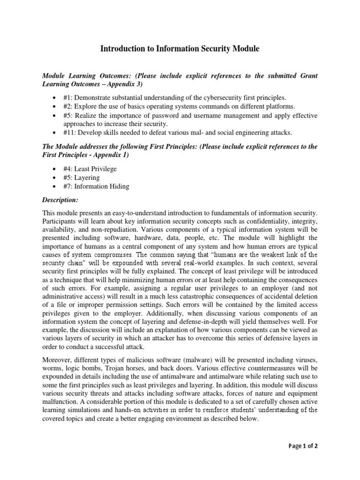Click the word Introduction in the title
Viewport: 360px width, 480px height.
click(124, 48)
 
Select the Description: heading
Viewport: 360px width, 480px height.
click(60, 200)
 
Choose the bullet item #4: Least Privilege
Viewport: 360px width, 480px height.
click(89, 169)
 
